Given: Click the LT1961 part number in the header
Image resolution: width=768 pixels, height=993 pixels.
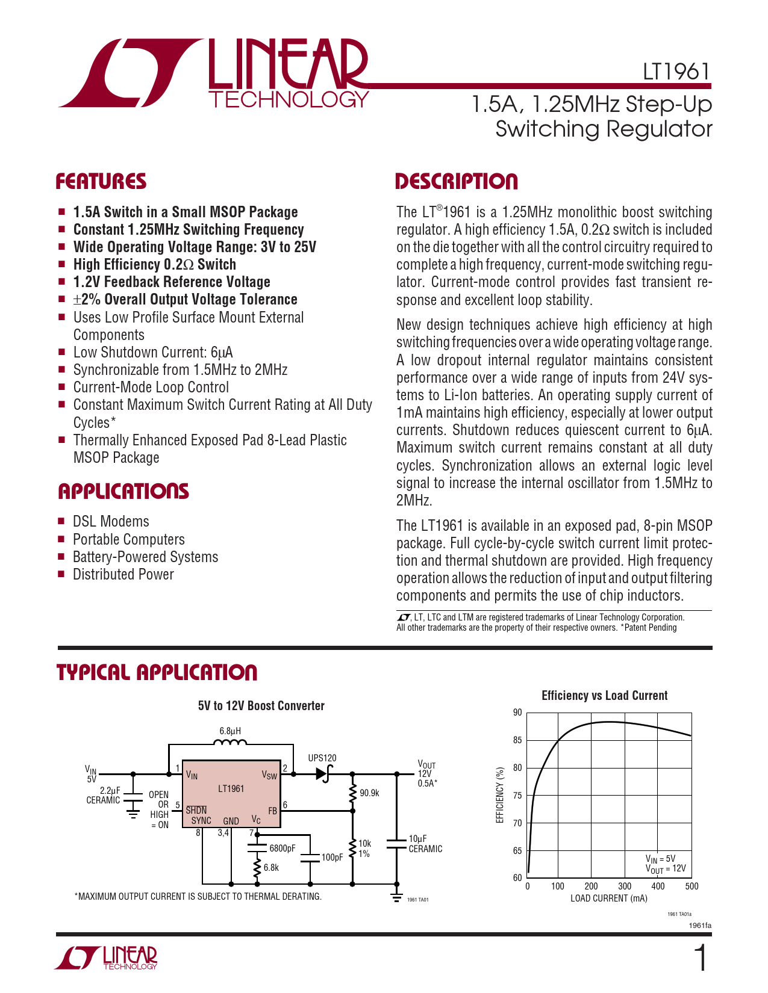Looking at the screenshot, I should tap(676, 72).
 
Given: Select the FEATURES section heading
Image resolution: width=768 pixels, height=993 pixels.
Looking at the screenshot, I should tap(101, 182).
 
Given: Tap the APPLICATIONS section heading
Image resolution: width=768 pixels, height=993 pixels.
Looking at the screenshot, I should tap(123, 492).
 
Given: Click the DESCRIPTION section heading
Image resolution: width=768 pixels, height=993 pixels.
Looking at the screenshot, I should tap(456, 182).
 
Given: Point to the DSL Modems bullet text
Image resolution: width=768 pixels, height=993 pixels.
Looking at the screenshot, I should tap(111, 522).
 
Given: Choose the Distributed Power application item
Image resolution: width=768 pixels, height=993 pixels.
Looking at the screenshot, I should tap(123, 575).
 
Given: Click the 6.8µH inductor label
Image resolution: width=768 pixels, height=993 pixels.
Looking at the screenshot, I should tap(230, 731).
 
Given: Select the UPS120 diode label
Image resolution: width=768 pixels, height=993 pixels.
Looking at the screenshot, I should tap(322, 758).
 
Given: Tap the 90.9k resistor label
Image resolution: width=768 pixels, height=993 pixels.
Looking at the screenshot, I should tap(369, 793).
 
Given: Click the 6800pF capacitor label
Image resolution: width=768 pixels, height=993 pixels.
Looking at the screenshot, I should tap(283, 849).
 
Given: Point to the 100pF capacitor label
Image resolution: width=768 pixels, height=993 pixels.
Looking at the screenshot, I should tap(332, 857).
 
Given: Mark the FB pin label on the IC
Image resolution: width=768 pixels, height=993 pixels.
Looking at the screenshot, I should tap(273, 811).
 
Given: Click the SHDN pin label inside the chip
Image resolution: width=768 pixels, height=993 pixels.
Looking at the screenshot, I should tap(196, 811).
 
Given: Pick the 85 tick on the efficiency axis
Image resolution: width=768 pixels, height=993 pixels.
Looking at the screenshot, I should tap(517, 740).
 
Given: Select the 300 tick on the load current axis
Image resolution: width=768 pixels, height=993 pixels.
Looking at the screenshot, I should tap(625, 886).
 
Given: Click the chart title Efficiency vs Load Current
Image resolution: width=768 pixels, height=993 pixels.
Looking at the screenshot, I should tap(604, 696).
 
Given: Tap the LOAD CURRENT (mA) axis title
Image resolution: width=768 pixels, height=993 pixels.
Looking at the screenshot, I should tap(609, 899).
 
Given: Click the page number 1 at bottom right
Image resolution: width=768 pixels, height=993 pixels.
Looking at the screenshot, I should tap(701, 959).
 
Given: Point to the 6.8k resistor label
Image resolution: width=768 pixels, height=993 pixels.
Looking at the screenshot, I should tap(271, 868).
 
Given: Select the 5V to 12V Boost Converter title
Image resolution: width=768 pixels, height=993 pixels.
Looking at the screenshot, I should tap(261, 706).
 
